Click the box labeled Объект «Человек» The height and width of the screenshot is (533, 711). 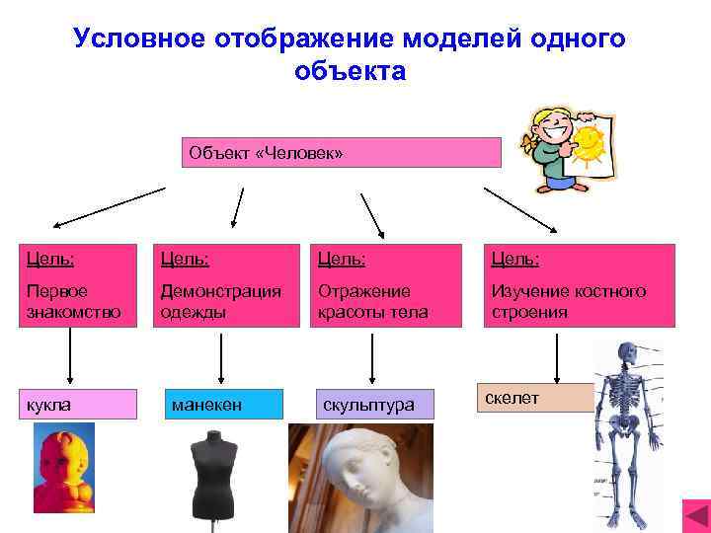point(342,153)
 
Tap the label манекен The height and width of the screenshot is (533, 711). point(221,405)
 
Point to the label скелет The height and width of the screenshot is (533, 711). point(534,397)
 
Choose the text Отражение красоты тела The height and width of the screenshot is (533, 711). point(369,302)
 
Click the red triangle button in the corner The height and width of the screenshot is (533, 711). point(695,514)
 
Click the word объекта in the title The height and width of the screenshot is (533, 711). point(350,72)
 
